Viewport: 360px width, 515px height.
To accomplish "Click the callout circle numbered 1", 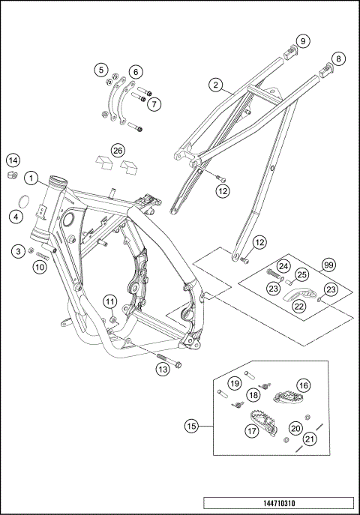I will pos(31,178).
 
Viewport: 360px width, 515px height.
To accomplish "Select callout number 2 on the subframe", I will pos(216,85).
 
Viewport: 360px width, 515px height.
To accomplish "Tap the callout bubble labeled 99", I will pos(328,266).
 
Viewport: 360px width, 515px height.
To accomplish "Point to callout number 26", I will pos(118,151).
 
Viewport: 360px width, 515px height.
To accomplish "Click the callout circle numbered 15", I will pos(191,427).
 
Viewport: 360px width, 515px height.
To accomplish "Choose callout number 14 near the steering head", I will pos(13,160).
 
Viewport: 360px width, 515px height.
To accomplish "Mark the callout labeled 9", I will pos(302,40).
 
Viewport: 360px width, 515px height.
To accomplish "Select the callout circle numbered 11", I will pos(109,302).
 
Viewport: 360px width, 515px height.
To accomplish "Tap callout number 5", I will pos(100,70).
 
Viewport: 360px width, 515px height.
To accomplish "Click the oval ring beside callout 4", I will pos(24,201).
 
